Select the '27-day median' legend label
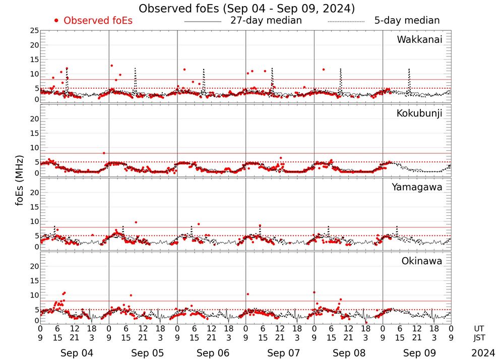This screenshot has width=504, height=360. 266,21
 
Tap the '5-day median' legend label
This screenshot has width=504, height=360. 407,21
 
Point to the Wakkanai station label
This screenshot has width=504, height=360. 419,40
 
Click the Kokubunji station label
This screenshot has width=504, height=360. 419,113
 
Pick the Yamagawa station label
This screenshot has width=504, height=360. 417,187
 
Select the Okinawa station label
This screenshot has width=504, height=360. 422,261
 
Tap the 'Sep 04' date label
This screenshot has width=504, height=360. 74,353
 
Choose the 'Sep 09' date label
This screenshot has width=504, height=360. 417,353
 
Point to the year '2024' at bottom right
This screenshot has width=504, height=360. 483,353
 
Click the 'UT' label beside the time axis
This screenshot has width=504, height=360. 479,328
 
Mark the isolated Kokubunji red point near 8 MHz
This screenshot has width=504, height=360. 104,153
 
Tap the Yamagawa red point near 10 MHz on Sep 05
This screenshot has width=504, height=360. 136,222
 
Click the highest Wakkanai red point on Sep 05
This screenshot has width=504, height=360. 112,66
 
